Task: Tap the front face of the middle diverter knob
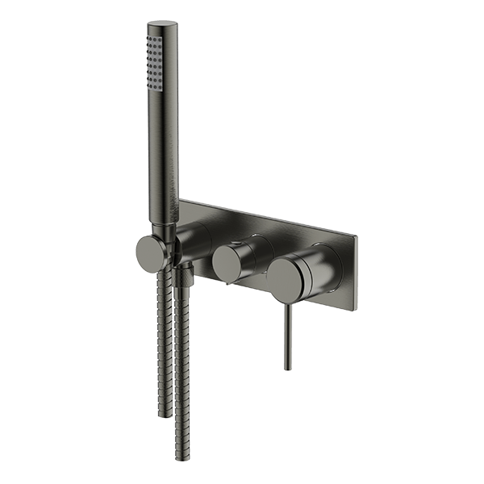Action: [227, 265]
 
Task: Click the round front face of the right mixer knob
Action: [286, 277]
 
